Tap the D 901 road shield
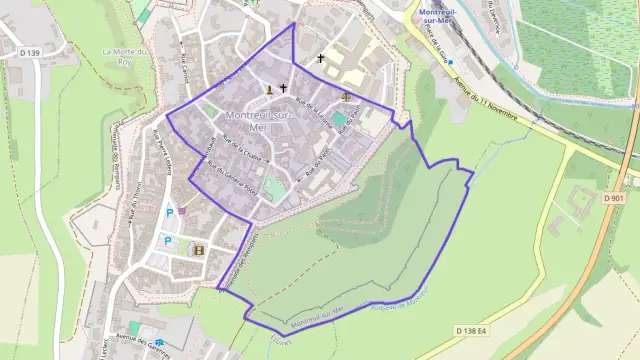tap(613, 198)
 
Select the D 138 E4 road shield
tap(473, 330)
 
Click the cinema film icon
tap(199, 249)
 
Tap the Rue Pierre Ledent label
tap(163, 150)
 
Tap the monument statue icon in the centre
tap(268, 90)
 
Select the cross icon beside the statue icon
tap(283, 89)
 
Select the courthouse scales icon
tap(347, 97)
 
